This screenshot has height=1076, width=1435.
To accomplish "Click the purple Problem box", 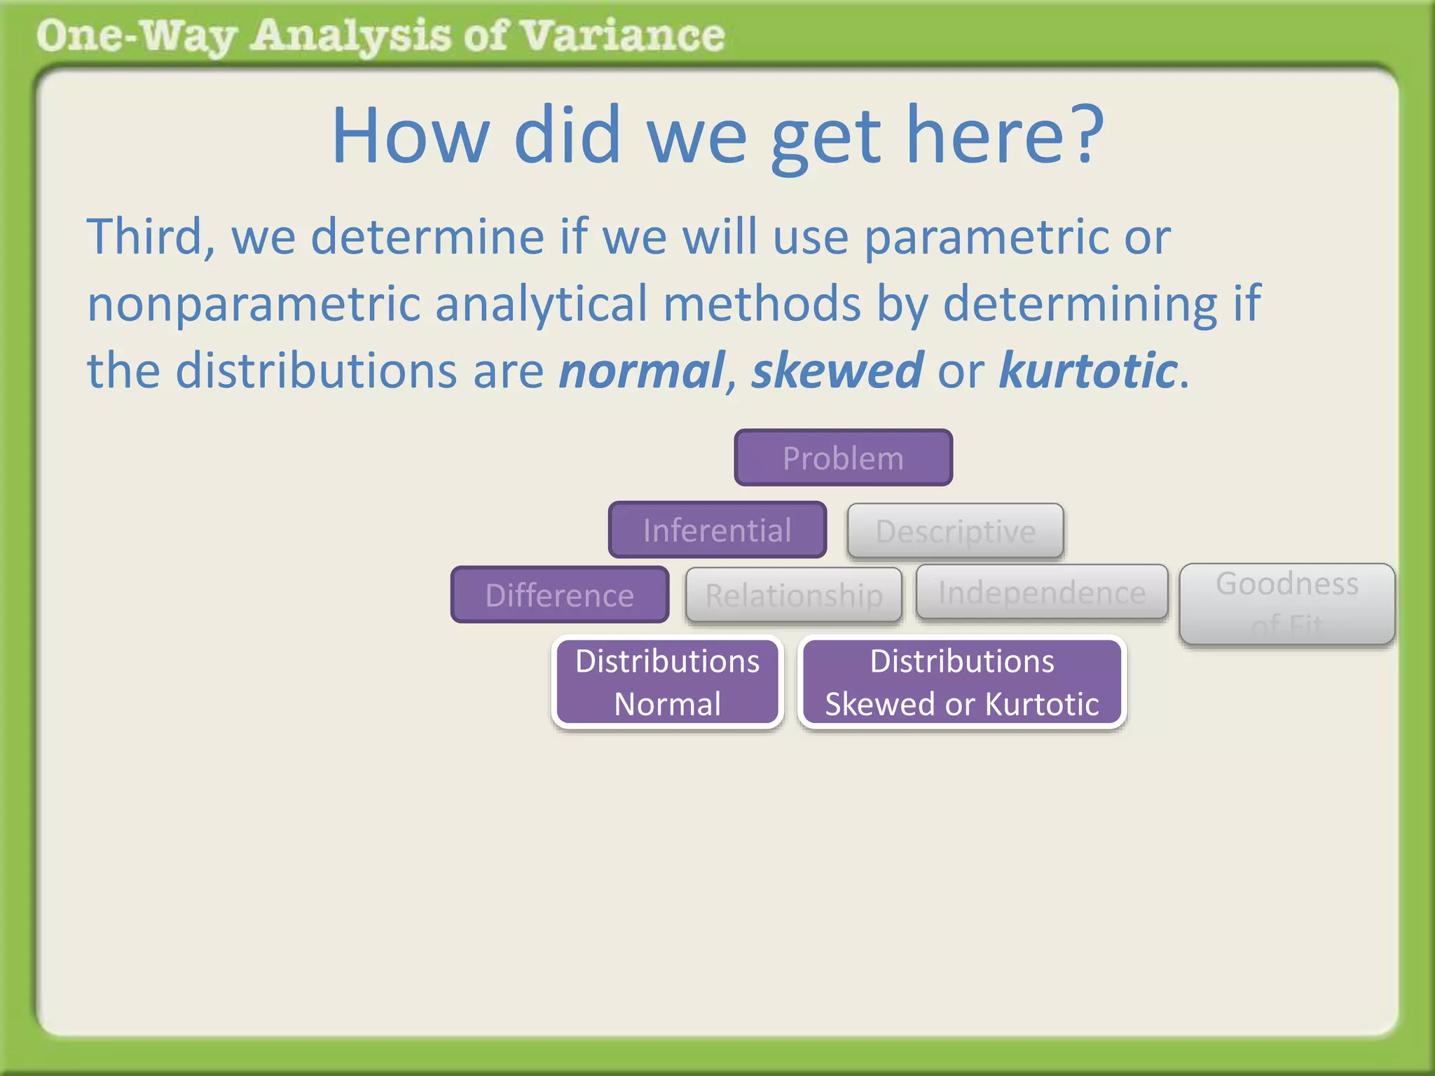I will tap(843, 458).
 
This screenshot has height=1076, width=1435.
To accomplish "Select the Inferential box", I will tap(717, 530).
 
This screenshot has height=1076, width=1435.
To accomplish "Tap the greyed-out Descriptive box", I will tap(955, 531).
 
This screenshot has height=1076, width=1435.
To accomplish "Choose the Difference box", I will tap(560, 595).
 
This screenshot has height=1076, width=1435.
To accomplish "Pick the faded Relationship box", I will tap(793, 595).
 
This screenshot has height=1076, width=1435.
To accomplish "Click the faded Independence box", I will tap(1042, 593).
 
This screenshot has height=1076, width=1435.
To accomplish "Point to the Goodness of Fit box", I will tap(1287, 603).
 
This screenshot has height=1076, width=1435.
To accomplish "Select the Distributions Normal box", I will tap(667, 682).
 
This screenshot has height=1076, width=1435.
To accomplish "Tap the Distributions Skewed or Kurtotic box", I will tap(962, 682).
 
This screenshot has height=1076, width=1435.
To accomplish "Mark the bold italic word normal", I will tap(641, 370).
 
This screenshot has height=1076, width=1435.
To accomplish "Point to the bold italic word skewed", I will tap(837, 370).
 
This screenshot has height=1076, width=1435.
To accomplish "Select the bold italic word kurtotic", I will tap(1087, 370).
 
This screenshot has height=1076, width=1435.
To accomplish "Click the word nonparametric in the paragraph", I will tap(252, 304).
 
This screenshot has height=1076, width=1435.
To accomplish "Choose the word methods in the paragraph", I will tap(762, 304).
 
